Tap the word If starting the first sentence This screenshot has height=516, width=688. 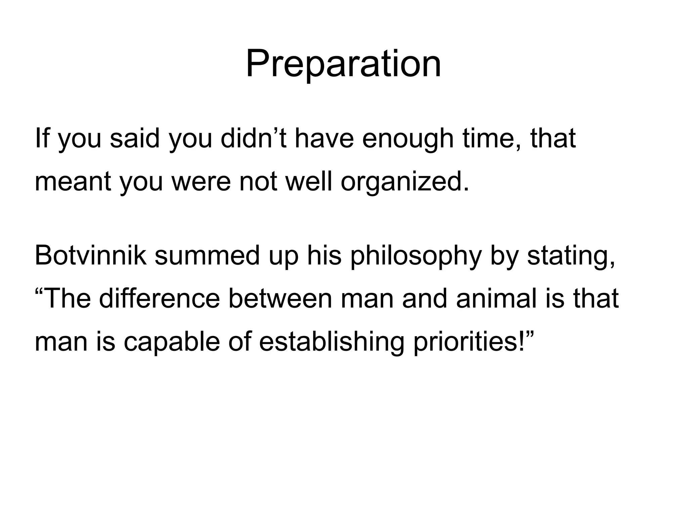42,138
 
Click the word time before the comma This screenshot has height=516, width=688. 489,138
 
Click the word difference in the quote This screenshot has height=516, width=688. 159,299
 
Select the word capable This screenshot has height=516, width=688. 171,343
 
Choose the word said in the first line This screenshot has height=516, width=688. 134,138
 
